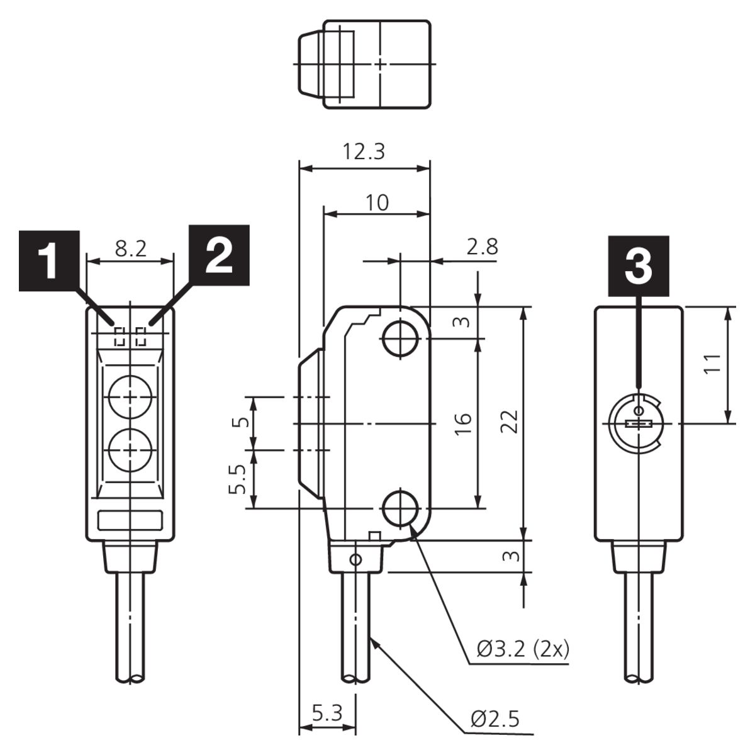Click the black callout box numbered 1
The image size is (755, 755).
(x=49, y=260)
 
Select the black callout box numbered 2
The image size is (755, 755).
(x=219, y=255)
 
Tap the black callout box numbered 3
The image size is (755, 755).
(x=638, y=266)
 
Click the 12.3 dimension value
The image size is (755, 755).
(x=364, y=152)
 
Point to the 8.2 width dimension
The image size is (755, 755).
(x=131, y=249)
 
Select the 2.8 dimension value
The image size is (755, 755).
(x=483, y=247)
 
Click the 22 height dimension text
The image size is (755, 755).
(x=510, y=422)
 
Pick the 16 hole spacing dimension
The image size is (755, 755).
(x=463, y=424)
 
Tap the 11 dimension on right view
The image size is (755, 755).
(x=712, y=364)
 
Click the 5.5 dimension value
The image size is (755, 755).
(x=237, y=479)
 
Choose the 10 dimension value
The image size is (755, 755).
(x=377, y=203)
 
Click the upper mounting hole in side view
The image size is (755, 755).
(x=401, y=339)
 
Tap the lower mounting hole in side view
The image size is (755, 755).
(x=401, y=508)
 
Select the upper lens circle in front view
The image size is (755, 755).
(x=130, y=397)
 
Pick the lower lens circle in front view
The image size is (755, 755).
(x=130, y=449)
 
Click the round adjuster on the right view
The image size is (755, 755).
(x=638, y=423)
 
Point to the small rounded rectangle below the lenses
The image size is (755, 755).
(x=130, y=520)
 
